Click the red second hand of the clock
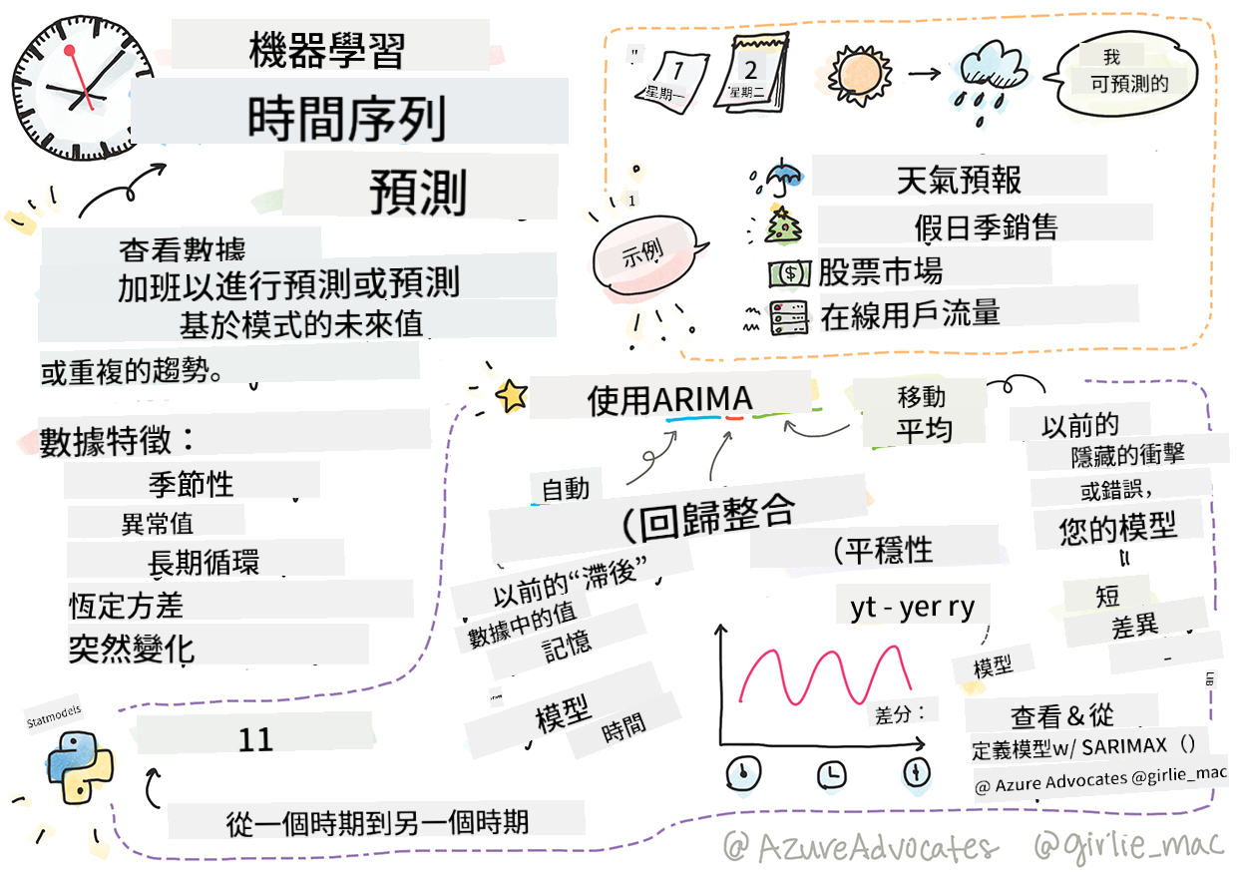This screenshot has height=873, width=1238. click(80, 78)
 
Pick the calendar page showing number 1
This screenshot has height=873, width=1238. click(672, 81)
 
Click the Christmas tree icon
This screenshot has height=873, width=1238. click(781, 225)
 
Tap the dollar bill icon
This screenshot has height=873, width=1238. click(789, 273)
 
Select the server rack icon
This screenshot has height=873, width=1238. click(789, 317)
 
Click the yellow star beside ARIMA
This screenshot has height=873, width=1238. click(512, 396)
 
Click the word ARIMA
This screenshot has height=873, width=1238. click(702, 399)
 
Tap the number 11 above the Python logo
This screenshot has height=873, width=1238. click(255, 739)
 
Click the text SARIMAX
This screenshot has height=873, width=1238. click(1124, 747)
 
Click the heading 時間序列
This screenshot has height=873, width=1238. click(347, 119)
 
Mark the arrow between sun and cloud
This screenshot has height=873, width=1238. click(924, 73)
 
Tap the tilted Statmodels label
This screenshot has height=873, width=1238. click(54, 715)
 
